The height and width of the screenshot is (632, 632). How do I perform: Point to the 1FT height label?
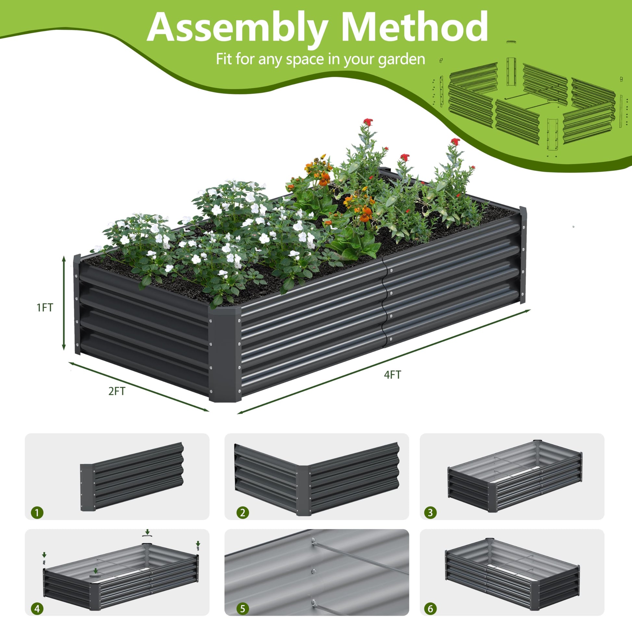pyautogui.click(x=45, y=308)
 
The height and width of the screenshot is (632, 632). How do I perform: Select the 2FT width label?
pyautogui.click(x=117, y=391)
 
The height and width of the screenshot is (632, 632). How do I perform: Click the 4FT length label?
pyautogui.click(x=392, y=375)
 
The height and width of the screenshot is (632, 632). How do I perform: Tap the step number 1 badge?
pyautogui.click(x=37, y=512)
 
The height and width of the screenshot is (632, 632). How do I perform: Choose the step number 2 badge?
pyautogui.click(x=242, y=512)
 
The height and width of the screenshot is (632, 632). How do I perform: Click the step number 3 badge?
pyautogui.click(x=430, y=512)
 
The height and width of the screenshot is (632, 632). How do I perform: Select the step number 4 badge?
pyautogui.click(x=37, y=609)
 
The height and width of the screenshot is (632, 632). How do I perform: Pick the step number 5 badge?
pyautogui.click(x=242, y=609)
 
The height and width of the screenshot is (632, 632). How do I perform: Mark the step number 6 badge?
pyautogui.click(x=430, y=609)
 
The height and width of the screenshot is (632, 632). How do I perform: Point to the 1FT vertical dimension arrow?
pyautogui.click(x=64, y=303)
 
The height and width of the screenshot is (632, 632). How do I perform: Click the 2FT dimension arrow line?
pyautogui.click(x=138, y=386)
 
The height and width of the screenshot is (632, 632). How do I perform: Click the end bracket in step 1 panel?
pyautogui.click(x=88, y=487)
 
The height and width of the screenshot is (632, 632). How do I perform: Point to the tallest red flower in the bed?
pyautogui.click(x=368, y=122)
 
